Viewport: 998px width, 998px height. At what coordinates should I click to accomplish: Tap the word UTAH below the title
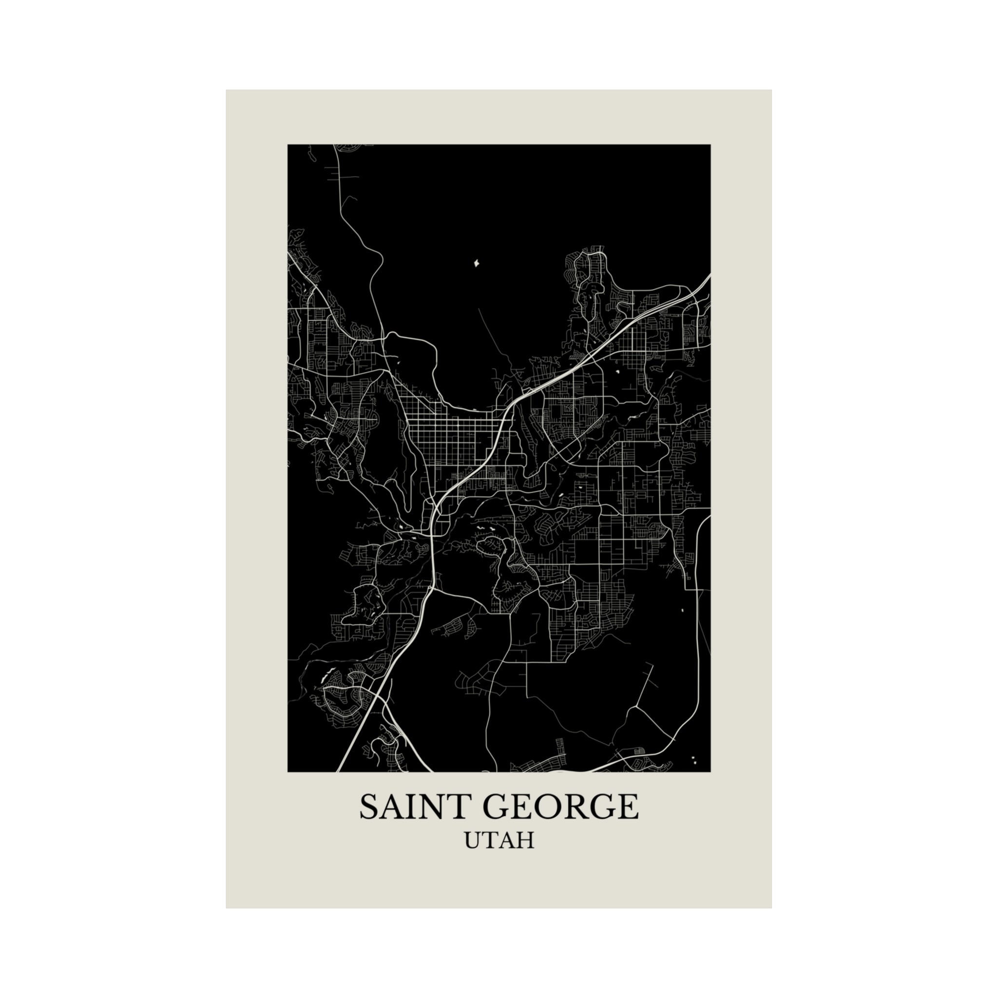point(499,841)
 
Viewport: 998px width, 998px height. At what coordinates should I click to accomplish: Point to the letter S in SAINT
point(370,807)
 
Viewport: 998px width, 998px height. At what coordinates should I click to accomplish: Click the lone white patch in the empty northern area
point(476,264)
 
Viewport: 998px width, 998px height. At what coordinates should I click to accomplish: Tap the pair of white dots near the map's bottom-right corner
point(694,760)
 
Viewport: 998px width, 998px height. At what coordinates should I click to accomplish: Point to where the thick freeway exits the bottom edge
point(339,770)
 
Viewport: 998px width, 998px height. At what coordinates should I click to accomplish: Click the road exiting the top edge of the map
point(335,146)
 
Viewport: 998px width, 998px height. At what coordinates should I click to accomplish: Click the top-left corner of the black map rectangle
point(288,145)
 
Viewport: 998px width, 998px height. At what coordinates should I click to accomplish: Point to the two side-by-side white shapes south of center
point(485,528)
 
